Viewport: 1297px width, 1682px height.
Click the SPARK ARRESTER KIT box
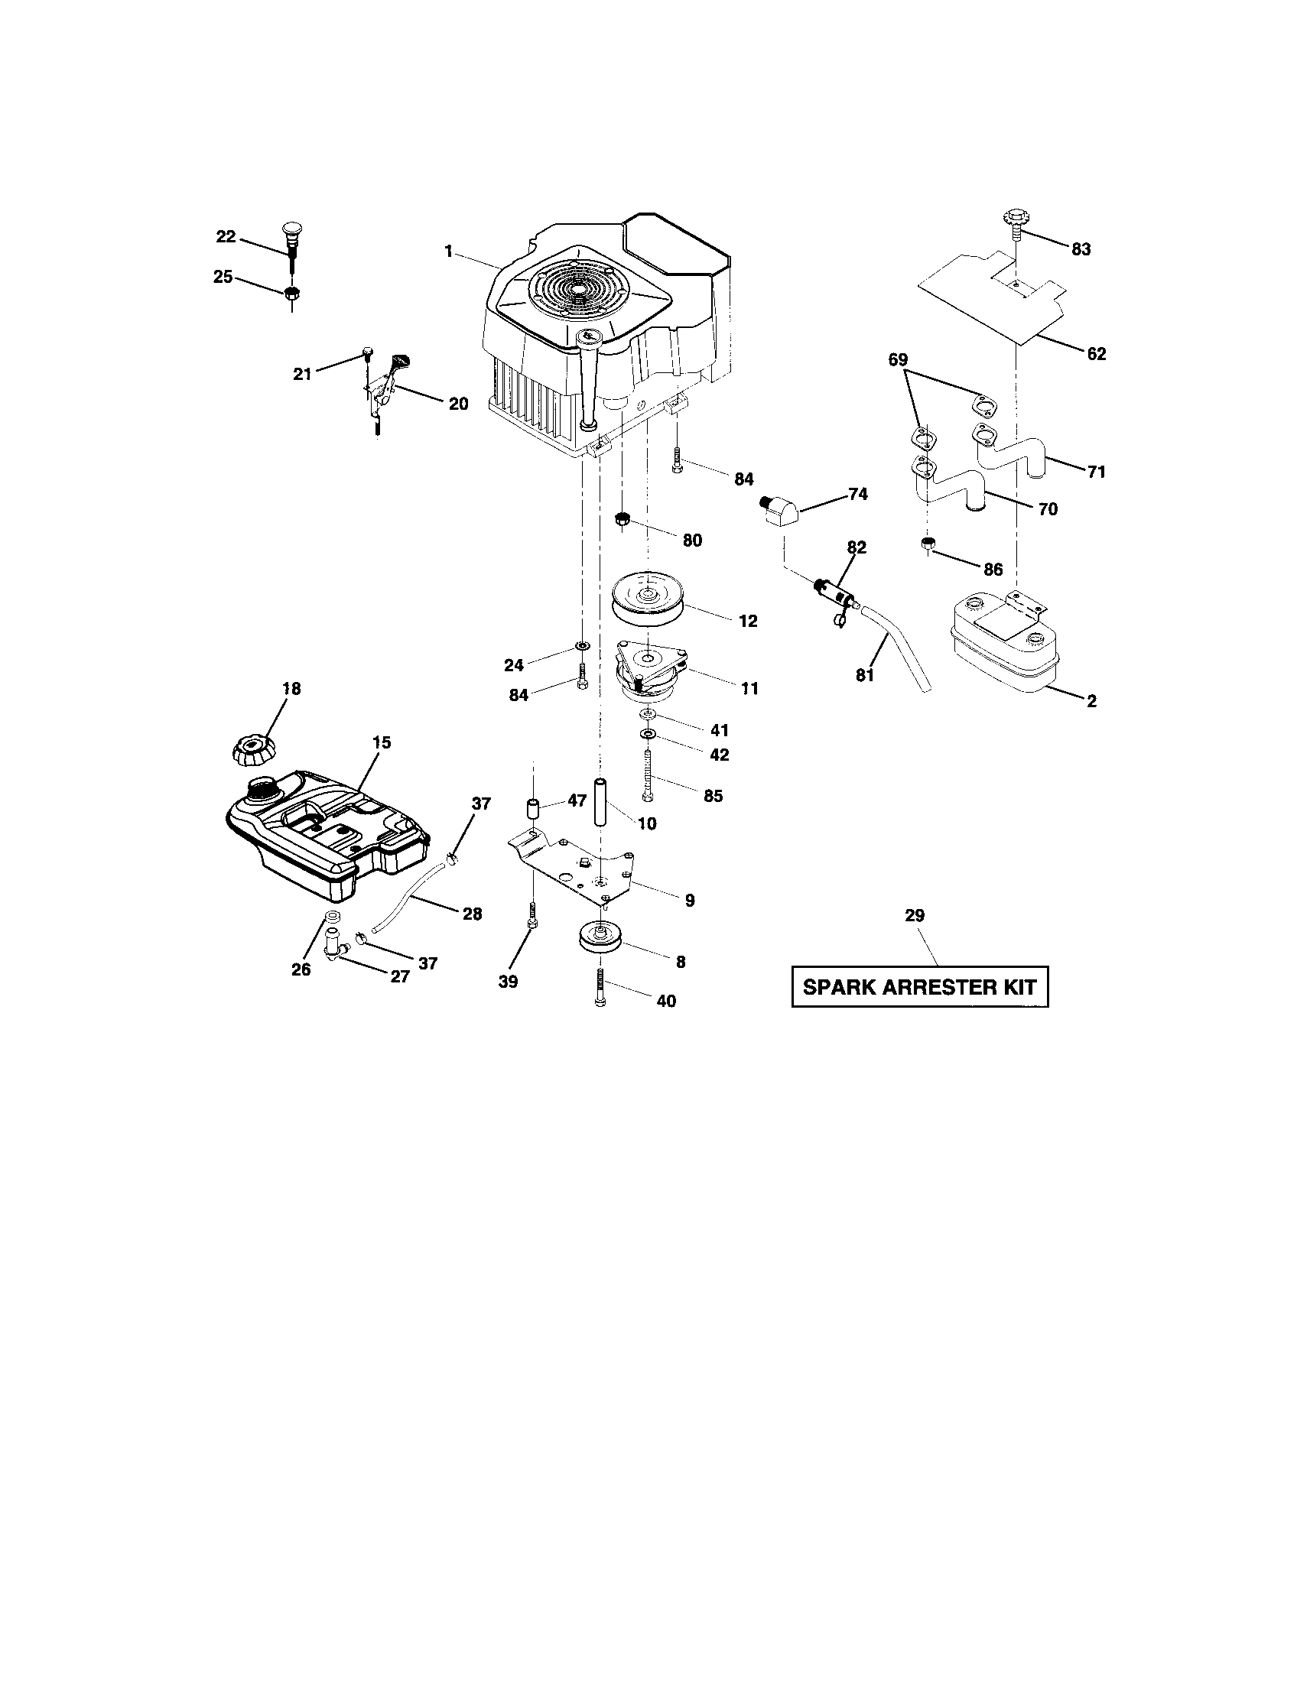920,986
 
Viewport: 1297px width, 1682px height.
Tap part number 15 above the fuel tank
382,742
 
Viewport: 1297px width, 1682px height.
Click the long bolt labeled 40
601,986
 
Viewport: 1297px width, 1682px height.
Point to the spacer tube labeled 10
601,803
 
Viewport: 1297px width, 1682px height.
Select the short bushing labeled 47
532,810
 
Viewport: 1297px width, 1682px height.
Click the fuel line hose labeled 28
408,896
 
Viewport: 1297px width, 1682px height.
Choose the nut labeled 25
292,293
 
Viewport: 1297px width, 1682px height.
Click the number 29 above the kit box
915,916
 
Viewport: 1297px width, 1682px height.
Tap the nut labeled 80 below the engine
623,520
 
